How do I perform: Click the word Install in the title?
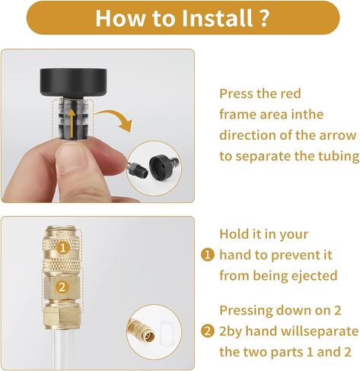tap(217, 17)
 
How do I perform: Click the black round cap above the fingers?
tap(73, 83)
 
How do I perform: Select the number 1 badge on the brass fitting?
tap(62, 248)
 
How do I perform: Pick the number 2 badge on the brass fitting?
tap(62, 287)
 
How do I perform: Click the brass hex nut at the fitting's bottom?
tap(62, 317)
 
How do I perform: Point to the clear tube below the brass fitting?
tap(63, 350)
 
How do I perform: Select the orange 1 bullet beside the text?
tap(208, 255)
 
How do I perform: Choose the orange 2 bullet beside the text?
tap(208, 331)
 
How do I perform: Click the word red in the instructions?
tap(290, 94)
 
